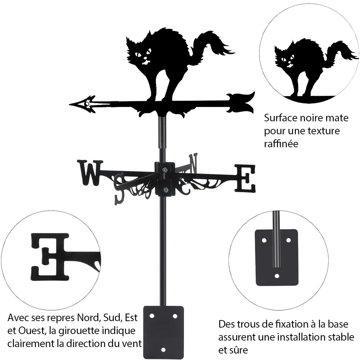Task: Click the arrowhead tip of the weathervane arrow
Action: tap(71, 104)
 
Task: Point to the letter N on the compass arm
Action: tap(193, 163)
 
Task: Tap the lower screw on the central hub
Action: tap(165, 190)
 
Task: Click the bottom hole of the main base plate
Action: tap(163, 350)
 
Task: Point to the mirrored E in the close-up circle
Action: tap(50, 256)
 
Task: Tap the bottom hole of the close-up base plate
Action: tap(277, 276)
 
